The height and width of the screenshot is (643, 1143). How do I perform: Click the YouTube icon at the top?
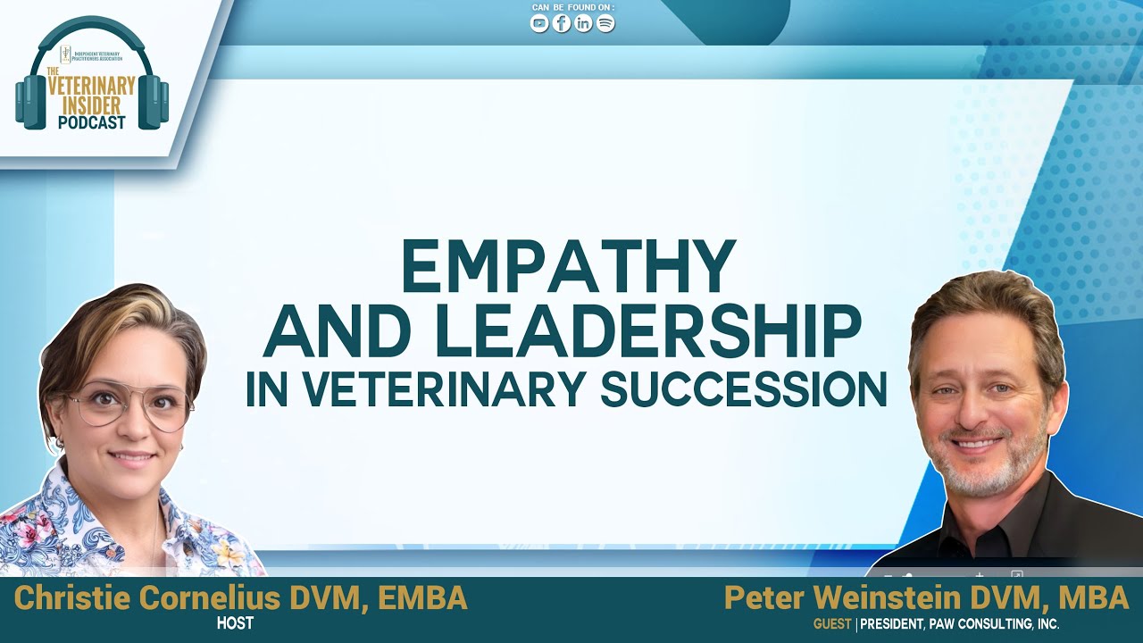click(x=539, y=24)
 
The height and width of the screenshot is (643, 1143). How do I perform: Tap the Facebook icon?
click(x=562, y=24)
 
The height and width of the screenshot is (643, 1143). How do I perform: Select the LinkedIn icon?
click(x=583, y=24)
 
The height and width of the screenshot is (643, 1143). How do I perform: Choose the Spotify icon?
click(x=605, y=24)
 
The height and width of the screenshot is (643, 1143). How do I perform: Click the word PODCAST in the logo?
click(x=92, y=122)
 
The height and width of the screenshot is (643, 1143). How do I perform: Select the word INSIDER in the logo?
click(x=92, y=105)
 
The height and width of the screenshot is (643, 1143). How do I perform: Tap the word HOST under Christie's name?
click(x=235, y=623)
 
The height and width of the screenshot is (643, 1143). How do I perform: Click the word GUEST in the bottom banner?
click(x=831, y=624)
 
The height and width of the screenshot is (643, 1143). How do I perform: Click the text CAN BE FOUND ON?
click(x=572, y=8)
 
